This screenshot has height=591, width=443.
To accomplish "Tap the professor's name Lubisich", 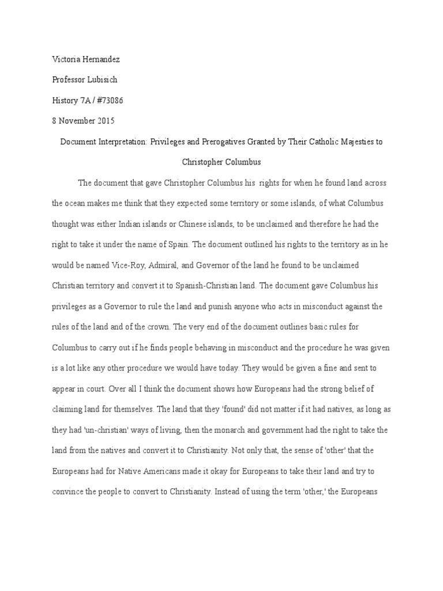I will [103, 80].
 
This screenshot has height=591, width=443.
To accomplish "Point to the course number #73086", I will [107, 100].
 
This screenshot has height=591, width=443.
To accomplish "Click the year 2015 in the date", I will [105, 121].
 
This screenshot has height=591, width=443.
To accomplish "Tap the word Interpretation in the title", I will [122, 142].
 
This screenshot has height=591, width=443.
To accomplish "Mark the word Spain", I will [175, 245].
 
